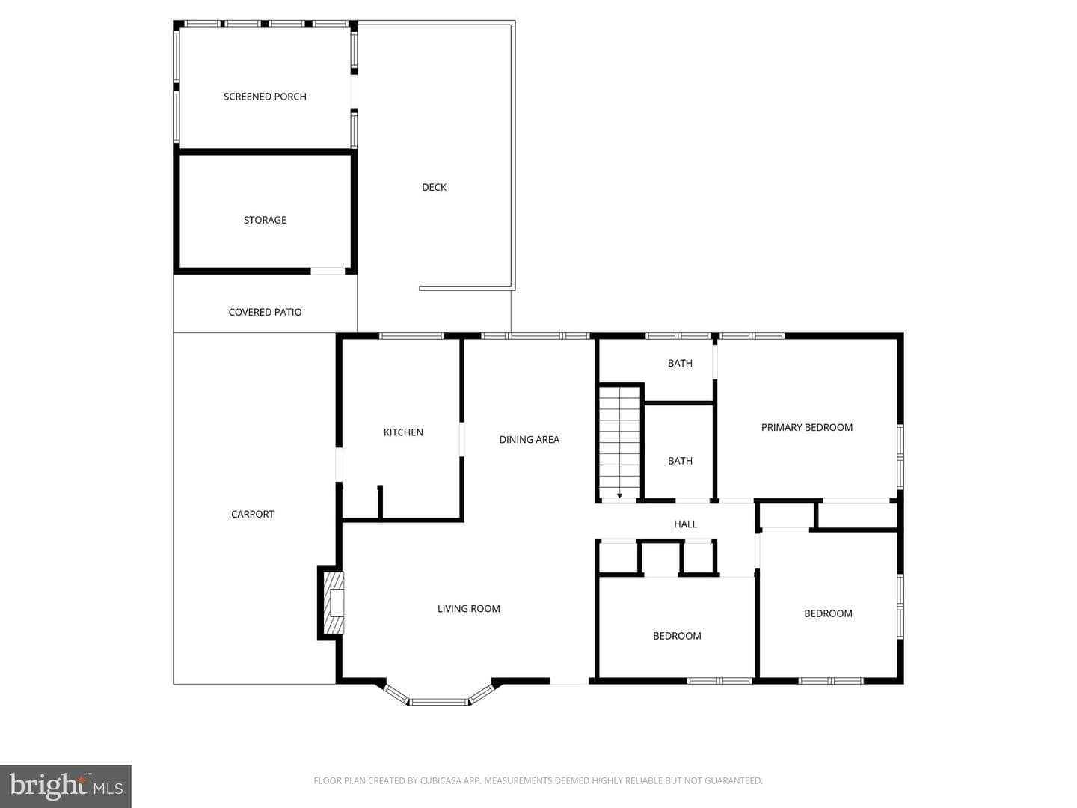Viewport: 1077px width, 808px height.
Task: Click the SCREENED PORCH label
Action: (265, 97)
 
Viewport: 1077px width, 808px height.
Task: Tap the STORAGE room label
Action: (265, 220)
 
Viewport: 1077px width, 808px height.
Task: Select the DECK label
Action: (435, 187)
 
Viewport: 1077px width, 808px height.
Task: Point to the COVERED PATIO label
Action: (265, 313)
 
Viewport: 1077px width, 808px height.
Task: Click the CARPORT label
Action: (253, 514)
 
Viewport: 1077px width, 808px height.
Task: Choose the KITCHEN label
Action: (403, 432)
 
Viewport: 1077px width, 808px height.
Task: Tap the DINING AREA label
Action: (530, 440)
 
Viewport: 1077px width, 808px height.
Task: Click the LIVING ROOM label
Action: (469, 609)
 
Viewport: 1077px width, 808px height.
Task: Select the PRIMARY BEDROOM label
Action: (807, 427)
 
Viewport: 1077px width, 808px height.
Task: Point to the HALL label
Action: (685, 524)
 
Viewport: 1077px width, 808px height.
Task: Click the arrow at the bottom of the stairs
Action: (620, 496)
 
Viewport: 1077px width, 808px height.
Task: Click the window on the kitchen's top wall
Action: (411, 336)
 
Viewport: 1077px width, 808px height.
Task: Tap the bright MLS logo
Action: (66, 786)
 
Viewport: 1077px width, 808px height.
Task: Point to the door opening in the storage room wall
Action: (328, 272)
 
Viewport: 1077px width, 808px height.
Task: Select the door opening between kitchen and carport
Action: (339, 464)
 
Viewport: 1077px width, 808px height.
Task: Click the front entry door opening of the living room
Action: (569, 681)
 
